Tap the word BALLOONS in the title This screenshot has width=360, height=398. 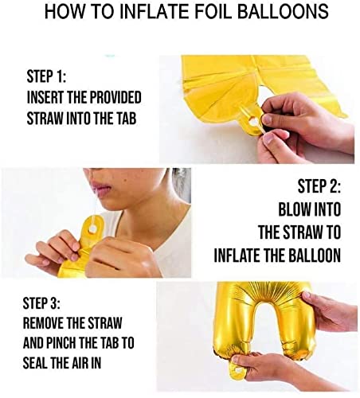[x=283, y=11]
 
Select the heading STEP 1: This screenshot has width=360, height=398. [x=46, y=76]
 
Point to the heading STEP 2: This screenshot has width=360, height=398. [x=319, y=186]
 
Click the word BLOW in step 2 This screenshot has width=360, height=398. [x=294, y=209]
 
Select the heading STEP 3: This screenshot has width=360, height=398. [x=41, y=303]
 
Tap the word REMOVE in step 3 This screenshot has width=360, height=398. [x=43, y=323]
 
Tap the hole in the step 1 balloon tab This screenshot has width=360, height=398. [x=252, y=122]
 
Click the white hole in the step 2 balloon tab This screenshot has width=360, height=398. [x=93, y=228]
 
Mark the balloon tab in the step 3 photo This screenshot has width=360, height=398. [x=237, y=368]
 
